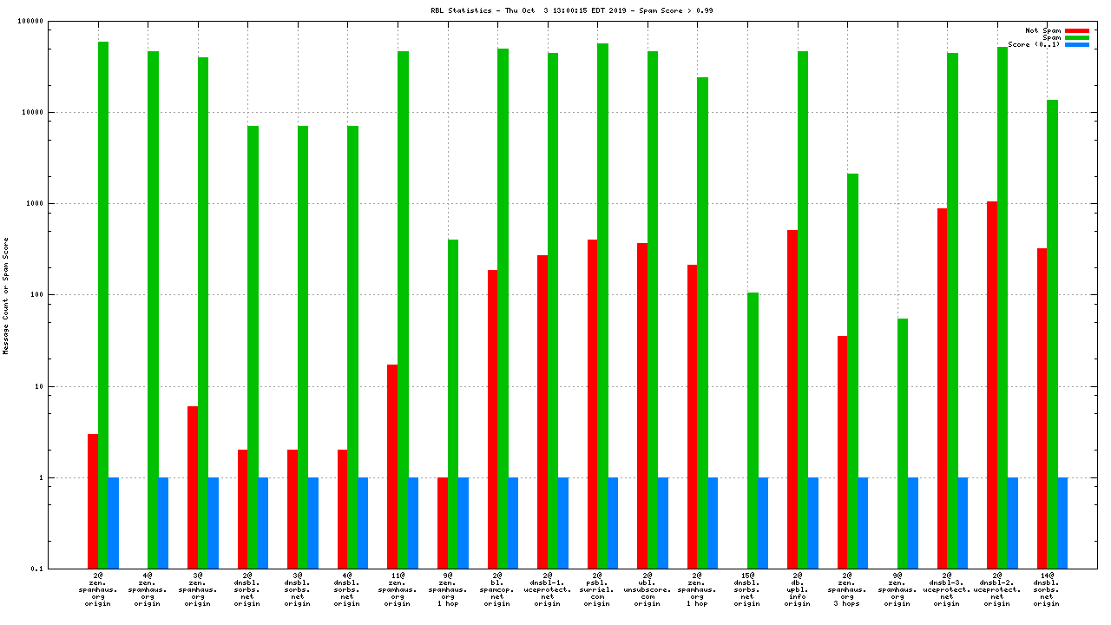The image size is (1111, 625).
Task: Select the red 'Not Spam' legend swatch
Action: click(1077, 30)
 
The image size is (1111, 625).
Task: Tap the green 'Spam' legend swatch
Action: click(1077, 37)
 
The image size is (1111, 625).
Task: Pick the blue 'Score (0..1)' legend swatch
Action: click(1077, 44)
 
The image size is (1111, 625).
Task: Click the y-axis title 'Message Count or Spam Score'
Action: click(6, 295)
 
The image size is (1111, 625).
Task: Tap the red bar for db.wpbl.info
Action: click(792, 399)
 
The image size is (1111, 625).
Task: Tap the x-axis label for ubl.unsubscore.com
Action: click(647, 589)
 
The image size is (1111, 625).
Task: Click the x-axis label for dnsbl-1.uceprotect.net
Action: click(547, 589)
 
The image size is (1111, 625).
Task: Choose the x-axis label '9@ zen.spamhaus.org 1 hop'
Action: click(447, 589)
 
